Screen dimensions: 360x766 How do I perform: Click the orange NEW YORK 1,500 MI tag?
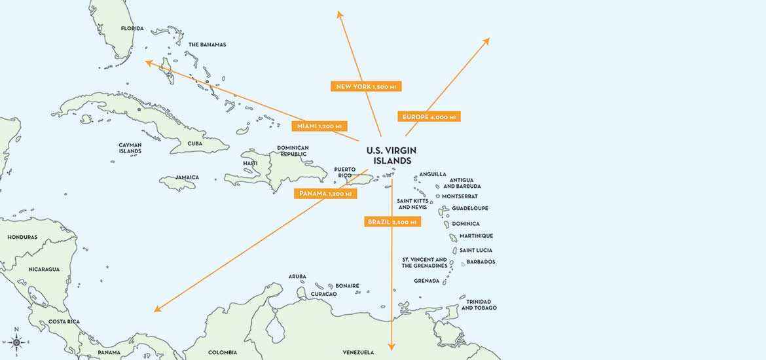365,86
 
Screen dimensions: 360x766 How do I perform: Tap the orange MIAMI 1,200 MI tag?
319,126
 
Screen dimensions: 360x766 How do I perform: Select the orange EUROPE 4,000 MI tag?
429,117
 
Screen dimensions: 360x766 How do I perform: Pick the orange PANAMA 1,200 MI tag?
325,194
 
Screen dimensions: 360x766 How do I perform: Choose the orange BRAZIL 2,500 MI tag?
392,222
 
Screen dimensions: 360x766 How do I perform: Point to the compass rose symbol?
17,341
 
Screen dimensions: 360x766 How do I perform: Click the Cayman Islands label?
130,148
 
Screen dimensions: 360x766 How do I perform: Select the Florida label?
132,29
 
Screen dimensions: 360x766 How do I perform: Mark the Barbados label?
481,262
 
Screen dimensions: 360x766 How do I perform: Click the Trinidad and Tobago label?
479,304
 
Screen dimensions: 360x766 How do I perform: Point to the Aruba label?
297,277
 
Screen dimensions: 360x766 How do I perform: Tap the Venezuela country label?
358,353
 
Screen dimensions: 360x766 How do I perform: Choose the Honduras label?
22,237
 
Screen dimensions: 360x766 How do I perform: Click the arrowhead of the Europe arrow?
486,41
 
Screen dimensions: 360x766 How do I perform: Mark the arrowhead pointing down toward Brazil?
392,346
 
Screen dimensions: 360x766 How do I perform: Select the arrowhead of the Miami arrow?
149,62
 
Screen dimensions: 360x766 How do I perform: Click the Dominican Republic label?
293,151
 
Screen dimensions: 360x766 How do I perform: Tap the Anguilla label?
433,174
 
